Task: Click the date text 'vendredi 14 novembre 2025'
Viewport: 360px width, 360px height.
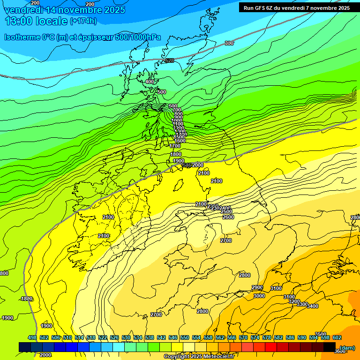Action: point(65,10)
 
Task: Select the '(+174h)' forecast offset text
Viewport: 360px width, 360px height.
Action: point(83,21)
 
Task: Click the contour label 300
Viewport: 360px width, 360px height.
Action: point(229,43)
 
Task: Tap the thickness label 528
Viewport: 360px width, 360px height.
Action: point(169,60)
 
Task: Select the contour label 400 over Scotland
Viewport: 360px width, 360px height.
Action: point(150,82)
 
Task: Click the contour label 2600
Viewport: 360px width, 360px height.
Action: point(228,217)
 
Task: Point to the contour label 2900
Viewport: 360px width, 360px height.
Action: point(257,287)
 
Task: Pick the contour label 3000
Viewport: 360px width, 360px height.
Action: point(259,296)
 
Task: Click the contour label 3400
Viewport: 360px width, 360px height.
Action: point(313,306)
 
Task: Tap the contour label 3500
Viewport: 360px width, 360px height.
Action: point(321,334)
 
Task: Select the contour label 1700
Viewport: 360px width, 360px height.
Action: point(175,146)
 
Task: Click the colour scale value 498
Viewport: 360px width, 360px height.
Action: point(32,337)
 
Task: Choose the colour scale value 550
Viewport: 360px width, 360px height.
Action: point(185,337)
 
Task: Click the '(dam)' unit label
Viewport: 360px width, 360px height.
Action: point(347,347)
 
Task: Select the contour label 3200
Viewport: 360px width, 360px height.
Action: point(294,301)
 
